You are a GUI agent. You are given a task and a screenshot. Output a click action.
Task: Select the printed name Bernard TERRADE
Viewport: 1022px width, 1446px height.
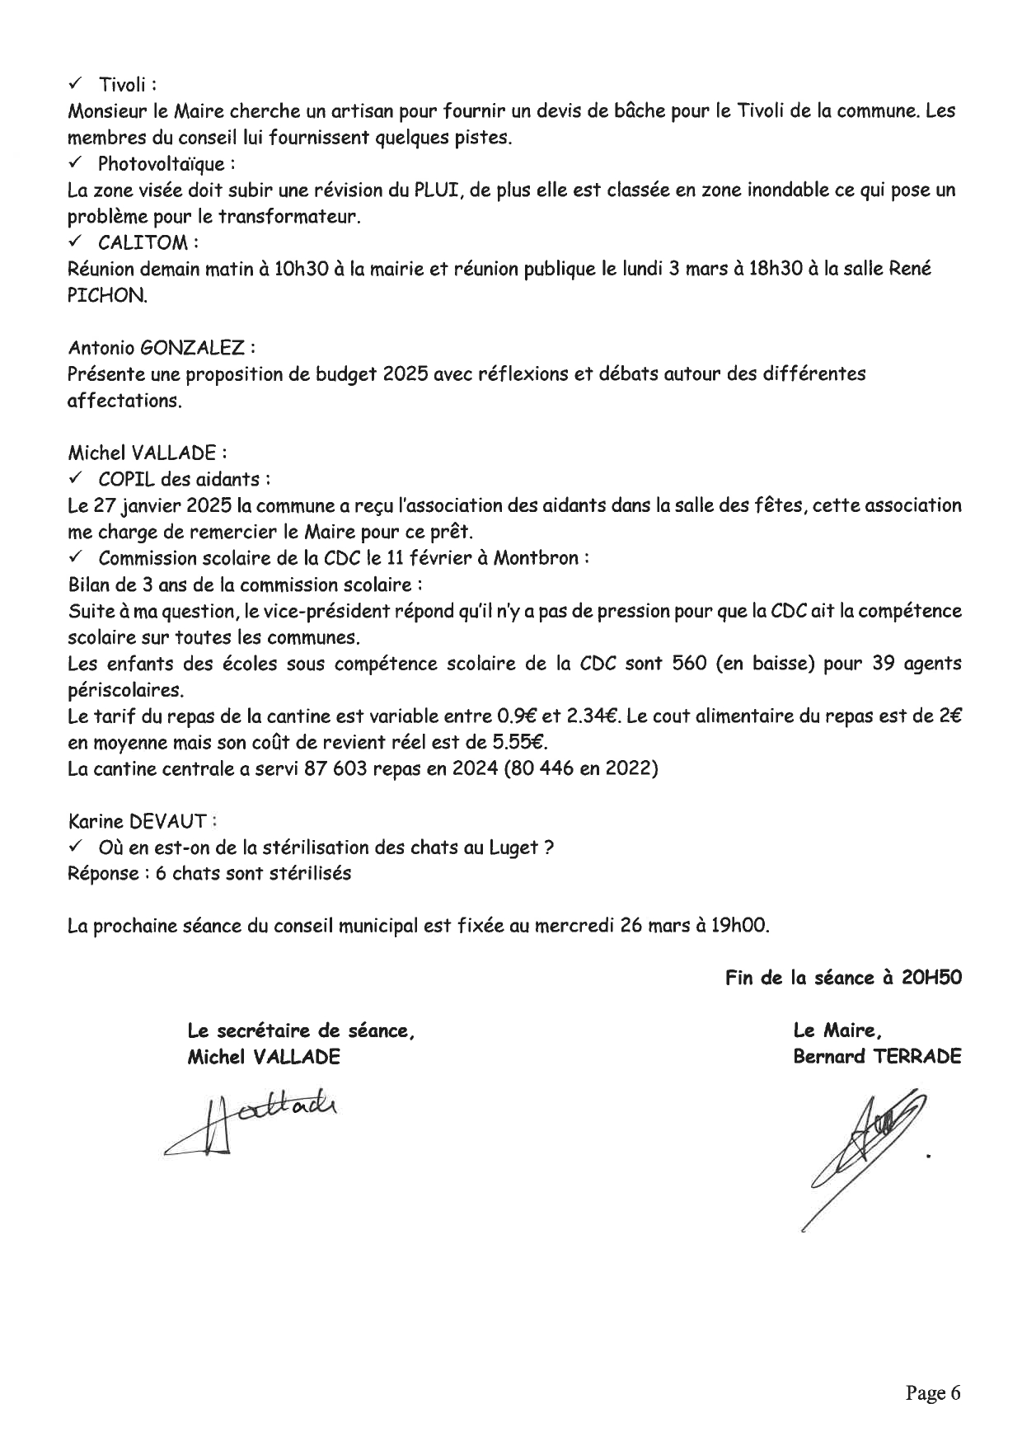click(876, 1057)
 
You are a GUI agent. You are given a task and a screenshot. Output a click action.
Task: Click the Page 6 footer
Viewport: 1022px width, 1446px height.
click(933, 1392)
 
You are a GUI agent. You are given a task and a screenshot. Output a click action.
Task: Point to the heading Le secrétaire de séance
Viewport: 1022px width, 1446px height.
click(301, 1031)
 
